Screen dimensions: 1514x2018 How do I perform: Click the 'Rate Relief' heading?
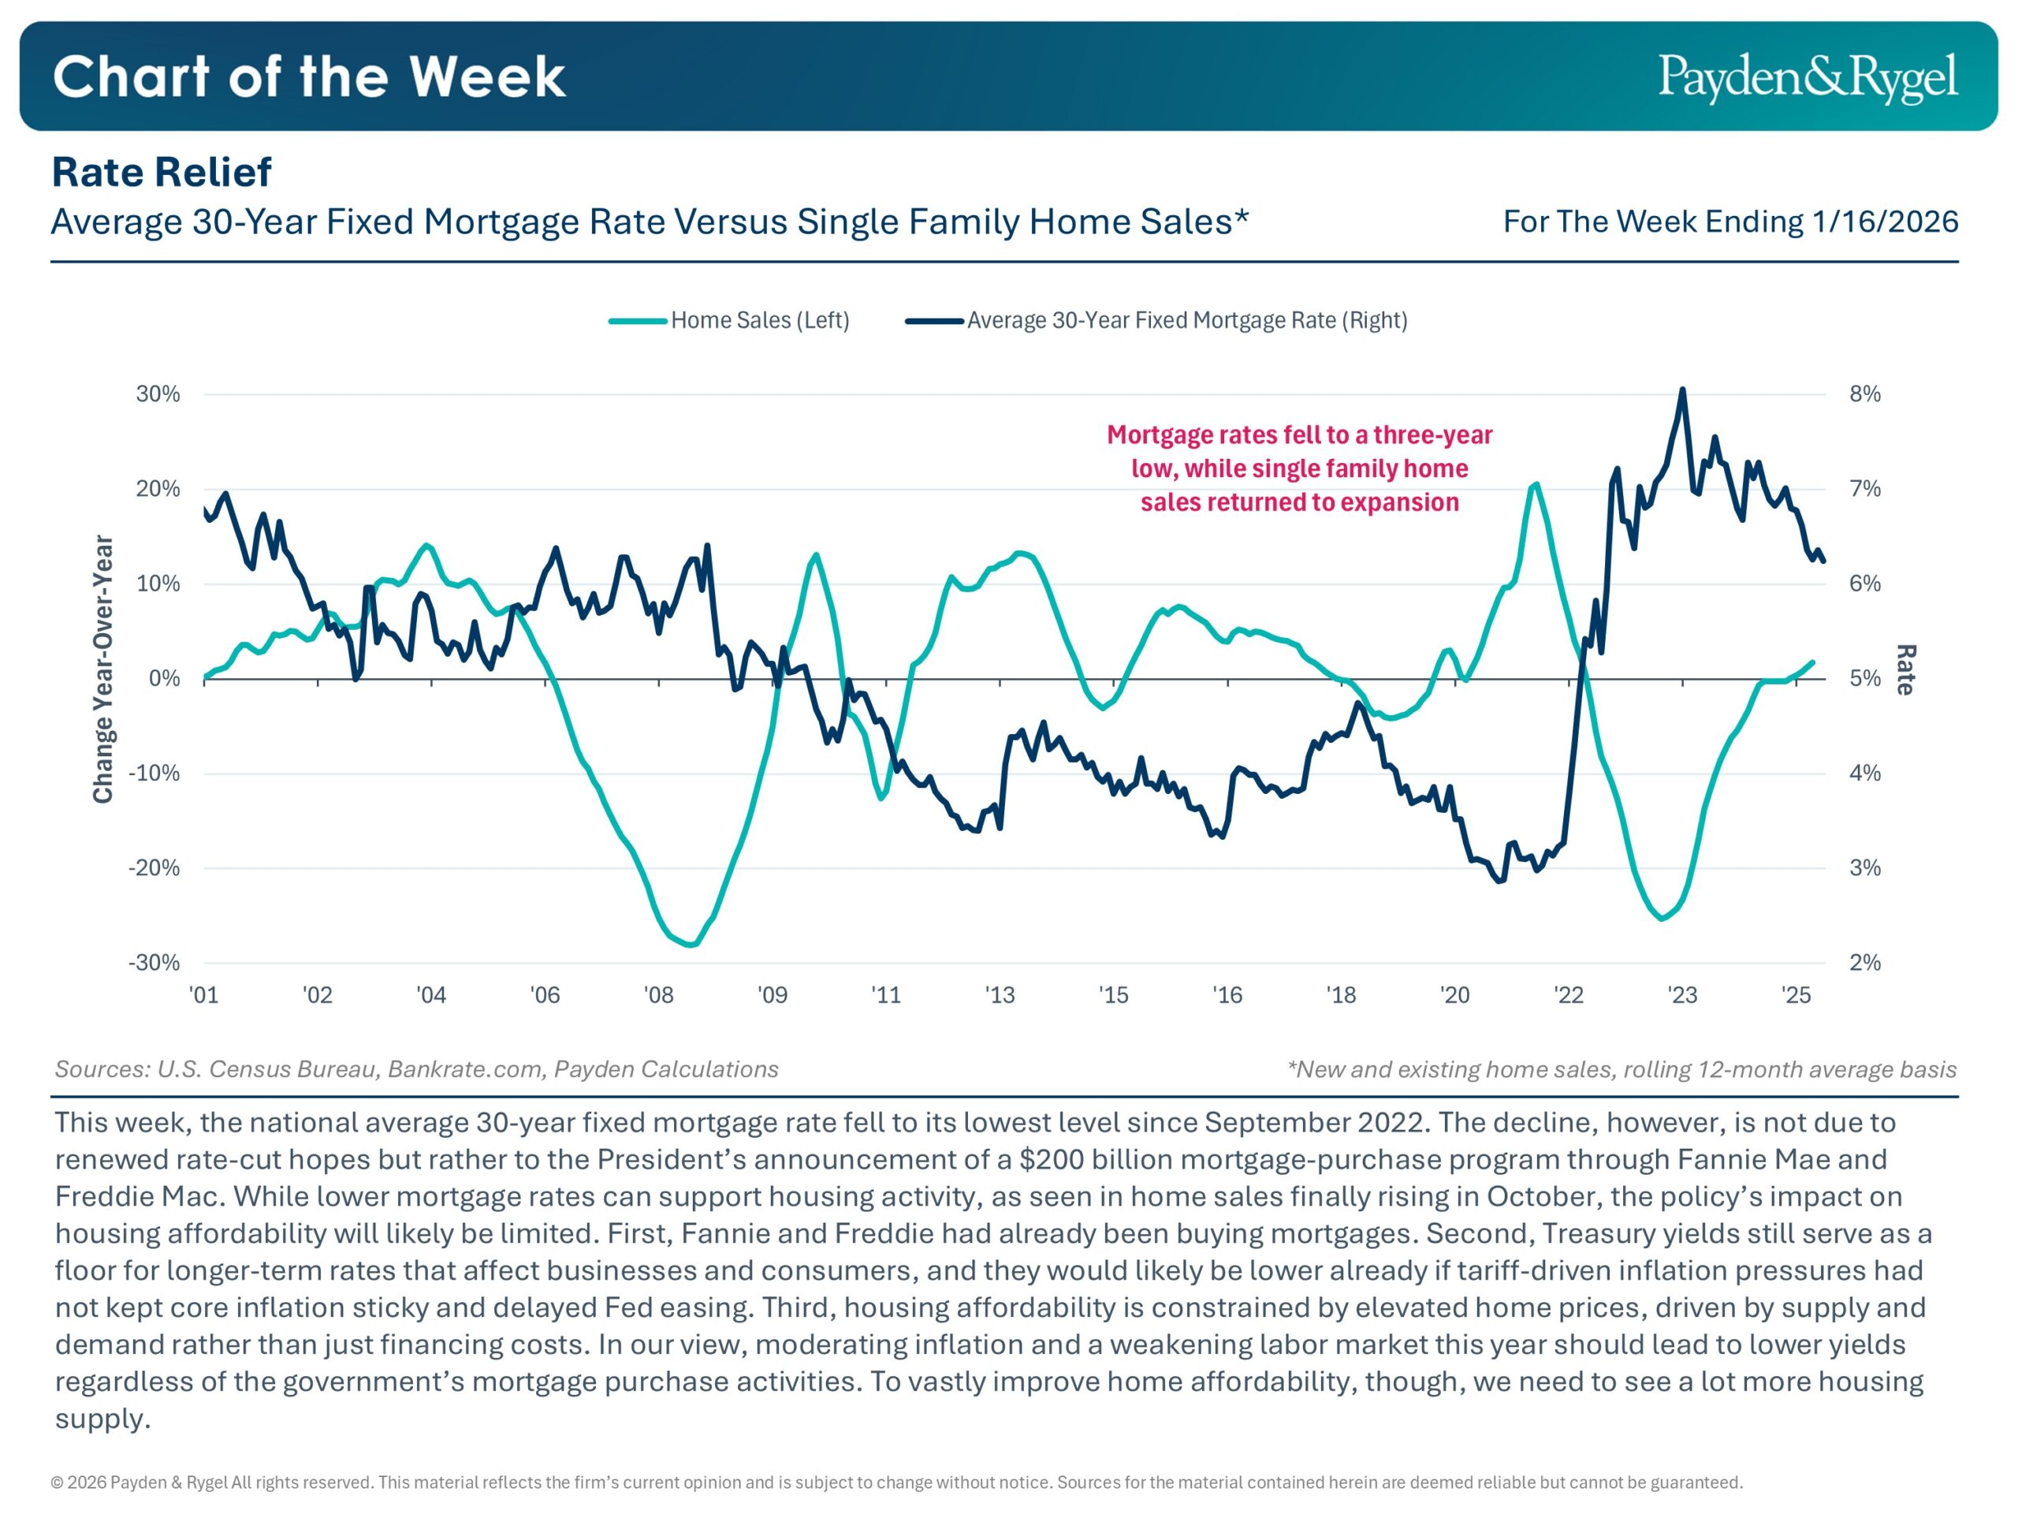(162, 173)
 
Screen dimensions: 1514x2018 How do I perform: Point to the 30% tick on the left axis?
(158, 394)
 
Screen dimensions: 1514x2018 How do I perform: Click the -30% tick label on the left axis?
(155, 963)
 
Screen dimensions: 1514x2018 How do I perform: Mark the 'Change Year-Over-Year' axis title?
(103, 669)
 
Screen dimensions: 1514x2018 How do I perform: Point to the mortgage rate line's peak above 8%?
(1682, 390)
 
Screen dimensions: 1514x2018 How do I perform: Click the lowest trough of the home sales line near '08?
(691, 945)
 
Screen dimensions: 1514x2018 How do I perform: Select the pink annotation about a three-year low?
(1299, 468)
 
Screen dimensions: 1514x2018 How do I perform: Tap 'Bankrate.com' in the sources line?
(467, 1069)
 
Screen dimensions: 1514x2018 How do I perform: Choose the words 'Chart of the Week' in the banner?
(309, 76)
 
